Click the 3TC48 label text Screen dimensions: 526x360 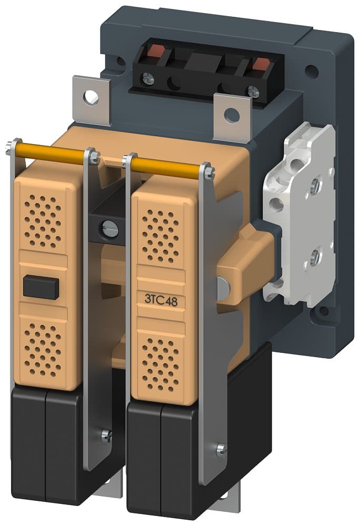click(x=160, y=298)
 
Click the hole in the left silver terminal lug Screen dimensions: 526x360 click(x=91, y=96)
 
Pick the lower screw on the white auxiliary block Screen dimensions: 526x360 click(x=314, y=257)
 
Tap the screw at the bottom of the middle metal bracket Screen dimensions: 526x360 click(x=106, y=435)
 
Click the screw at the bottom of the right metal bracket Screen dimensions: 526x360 click(x=221, y=450)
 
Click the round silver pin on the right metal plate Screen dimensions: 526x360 click(x=223, y=286)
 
